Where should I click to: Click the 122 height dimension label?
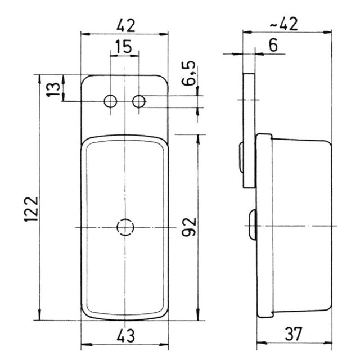pos(31,209)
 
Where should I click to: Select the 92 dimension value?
pos(189,227)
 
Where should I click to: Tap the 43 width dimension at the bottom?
pos(125,336)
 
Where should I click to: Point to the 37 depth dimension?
pos(294,334)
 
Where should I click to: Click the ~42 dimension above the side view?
pos(283,24)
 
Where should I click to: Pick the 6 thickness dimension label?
pos(273,45)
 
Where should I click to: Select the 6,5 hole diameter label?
pos(189,73)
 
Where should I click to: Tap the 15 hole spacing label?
pos(123,47)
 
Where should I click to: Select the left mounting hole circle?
pos(110,101)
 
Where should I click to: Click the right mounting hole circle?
pos(139,101)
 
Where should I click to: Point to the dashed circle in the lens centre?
pos(125,227)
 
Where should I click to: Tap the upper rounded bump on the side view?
pos(241,157)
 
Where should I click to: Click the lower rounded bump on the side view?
pos(253,224)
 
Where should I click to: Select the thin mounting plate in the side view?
pos(249,130)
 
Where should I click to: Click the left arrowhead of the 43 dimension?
pos(87,345)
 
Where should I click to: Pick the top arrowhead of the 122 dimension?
pos(39,79)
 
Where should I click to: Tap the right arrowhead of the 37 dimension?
pos(327,343)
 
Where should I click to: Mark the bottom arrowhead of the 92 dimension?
pos(198,314)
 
